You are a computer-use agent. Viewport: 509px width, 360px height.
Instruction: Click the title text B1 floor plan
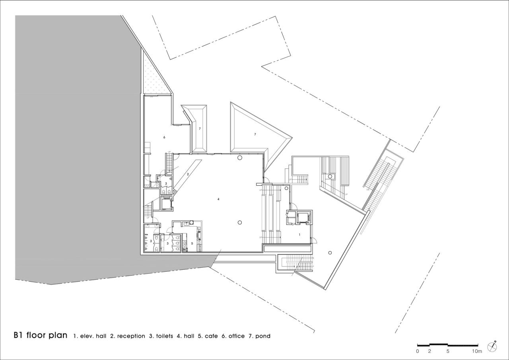coord(40,335)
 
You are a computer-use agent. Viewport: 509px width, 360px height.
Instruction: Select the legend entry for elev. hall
coord(90,336)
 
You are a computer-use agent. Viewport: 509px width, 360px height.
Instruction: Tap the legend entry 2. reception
coord(128,336)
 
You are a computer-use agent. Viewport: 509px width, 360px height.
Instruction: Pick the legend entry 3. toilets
coord(161,336)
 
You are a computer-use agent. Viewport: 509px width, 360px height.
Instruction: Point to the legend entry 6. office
coord(234,336)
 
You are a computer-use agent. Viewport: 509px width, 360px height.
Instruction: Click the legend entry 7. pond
coord(259,336)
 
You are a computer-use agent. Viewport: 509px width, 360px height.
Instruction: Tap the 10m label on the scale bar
coord(477,351)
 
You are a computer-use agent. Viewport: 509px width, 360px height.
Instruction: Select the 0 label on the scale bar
coord(418,351)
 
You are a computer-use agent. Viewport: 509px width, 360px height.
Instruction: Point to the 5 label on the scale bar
coord(448,351)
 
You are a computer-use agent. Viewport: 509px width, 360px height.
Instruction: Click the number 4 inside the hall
coord(218,198)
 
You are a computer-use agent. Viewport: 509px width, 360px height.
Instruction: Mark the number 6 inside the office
coord(164,137)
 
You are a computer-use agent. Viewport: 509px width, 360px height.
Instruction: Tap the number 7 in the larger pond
coord(255,134)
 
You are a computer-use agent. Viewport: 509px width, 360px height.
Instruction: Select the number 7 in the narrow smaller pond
coord(200,128)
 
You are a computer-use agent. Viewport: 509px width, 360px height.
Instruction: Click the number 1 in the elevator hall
coord(299,235)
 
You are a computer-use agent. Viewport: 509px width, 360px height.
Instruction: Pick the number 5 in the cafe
coord(192,243)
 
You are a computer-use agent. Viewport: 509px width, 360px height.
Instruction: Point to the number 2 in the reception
coord(187,174)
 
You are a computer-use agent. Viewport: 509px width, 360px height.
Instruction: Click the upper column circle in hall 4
coord(240,158)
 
